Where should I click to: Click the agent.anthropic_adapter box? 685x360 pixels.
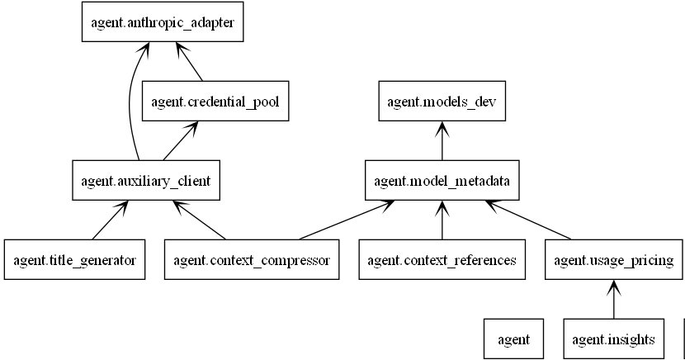pyautogui.click(x=163, y=21)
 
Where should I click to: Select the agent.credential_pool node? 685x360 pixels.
pyautogui.click(x=215, y=101)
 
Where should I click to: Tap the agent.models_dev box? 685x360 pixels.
pyautogui.click(x=442, y=101)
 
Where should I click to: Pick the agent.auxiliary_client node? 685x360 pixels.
pyautogui.click(x=146, y=181)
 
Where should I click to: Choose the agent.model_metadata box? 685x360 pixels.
pyautogui.click(x=442, y=181)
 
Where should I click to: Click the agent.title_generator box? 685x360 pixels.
pyautogui.click(x=75, y=259)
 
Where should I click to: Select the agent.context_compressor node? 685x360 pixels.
pyautogui.click(x=252, y=259)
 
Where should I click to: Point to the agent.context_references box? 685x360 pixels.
pyautogui.click(x=442, y=259)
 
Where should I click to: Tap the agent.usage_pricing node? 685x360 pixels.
pyautogui.click(x=614, y=259)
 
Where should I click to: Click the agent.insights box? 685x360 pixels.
pyautogui.click(x=614, y=339)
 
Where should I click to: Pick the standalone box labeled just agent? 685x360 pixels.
pyautogui.click(x=513, y=339)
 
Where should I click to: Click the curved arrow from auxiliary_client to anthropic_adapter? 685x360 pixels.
pyautogui.click(x=130, y=101)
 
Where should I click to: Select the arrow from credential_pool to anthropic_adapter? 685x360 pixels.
pyautogui.click(x=189, y=62)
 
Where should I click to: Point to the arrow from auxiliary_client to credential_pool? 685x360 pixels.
pyautogui.click(x=181, y=140)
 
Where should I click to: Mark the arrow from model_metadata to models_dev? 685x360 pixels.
pyautogui.click(x=442, y=140)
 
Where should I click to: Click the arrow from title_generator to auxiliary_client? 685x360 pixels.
pyautogui.click(x=110, y=220)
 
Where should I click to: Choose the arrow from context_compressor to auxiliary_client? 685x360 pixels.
pyautogui.click(x=199, y=220)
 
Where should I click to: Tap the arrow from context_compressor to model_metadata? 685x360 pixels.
pyautogui.click(x=347, y=220)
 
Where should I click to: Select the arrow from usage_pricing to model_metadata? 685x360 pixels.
pyautogui.click(x=528, y=220)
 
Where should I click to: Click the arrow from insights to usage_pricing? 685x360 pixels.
pyautogui.click(x=614, y=299)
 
